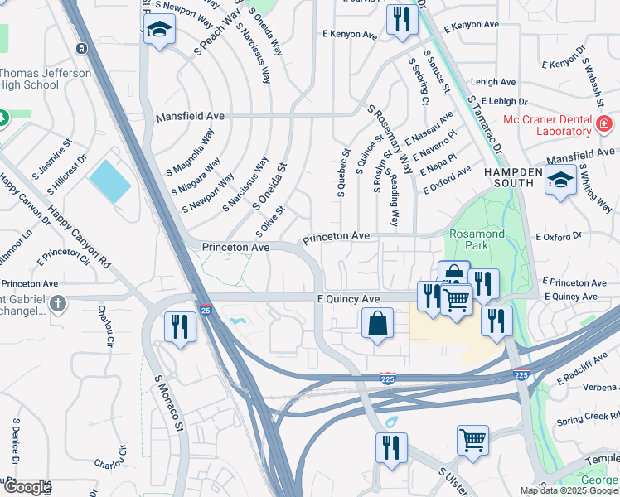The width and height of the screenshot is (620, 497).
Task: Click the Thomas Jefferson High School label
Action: click(x=46, y=79)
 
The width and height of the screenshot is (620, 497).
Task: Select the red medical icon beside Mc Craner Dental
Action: click(x=604, y=125)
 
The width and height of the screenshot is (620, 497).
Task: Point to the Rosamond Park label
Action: click(x=477, y=240)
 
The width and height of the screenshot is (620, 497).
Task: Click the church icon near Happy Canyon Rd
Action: click(x=58, y=303)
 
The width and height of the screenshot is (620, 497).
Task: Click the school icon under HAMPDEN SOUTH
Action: click(x=561, y=180)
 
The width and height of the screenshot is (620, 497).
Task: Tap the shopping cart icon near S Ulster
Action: click(x=472, y=440)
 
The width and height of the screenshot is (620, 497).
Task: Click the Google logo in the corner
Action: click(x=27, y=487)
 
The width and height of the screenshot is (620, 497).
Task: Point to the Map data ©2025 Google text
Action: click(x=567, y=490)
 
